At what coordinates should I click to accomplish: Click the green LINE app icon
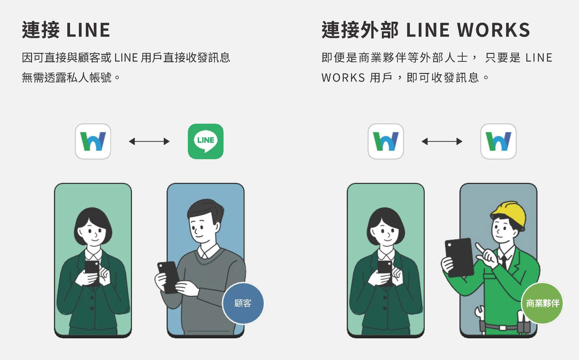pyautogui.click(x=206, y=141)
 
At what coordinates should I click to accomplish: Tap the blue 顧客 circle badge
pyautogui.click(x=243, y=303)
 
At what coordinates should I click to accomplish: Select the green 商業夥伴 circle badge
pyautogui.click(x=542, y=303)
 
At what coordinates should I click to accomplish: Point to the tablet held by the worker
pyautogui.click(x=459, y=256)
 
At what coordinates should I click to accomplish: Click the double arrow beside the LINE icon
pyautogui.click(x=149, y=142)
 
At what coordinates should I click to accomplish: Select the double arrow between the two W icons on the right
pyautogui.click(x=442, y=142)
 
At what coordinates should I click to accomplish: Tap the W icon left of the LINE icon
pyautogui.click(x=93, y=141)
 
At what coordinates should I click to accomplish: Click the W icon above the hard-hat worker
pyautogui.click(x=498, y=141)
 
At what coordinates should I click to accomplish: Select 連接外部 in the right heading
pyautogui.click(x=360, y=30)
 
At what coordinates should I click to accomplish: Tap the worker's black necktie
pyautogui.click(x=503, y=261)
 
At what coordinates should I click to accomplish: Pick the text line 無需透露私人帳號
pyautogui.click(x=71, y=77)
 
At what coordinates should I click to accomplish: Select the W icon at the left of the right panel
pyautogui.click(x=386, y=141)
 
